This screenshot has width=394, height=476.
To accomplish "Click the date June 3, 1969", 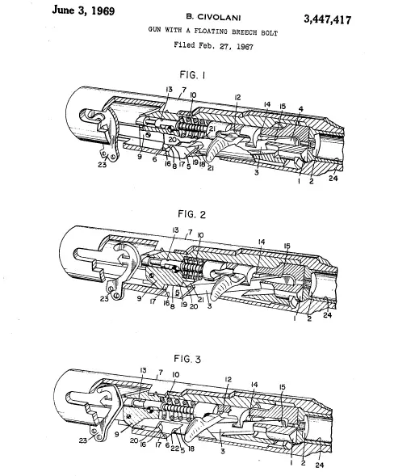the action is (x=83, y=11).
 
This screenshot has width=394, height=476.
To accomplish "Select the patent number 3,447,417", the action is (x=328, y=19).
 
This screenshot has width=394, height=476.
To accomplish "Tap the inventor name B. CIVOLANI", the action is (x=213, y=17).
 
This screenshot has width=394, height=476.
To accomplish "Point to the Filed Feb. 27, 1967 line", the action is (x=213, y=45).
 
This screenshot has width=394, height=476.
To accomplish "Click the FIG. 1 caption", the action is (x=193, y=74).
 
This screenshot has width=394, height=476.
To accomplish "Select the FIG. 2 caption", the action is (x=191, y=214).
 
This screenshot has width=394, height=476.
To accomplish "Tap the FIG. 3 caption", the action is (x=187, y=359).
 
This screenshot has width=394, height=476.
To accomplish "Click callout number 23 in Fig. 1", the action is (x=103, y=165).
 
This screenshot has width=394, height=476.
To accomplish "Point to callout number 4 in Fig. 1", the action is (x=300, y=108).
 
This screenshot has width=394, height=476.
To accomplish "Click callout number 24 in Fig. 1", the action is (x=333, y=178).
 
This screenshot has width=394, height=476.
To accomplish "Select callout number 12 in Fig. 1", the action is (x=237, y=97).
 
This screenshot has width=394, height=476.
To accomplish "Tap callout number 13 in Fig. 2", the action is (x=175, y=230).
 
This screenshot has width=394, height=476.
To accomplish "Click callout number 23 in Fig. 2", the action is (x=104, y=299).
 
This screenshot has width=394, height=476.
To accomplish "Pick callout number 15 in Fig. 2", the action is (x=287, y=246).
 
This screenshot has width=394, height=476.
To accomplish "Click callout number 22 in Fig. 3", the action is (x=174, y=448).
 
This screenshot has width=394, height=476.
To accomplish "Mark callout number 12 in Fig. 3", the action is (x=228, y=380).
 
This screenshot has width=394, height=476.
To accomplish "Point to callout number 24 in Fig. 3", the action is (x=320, y=465).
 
